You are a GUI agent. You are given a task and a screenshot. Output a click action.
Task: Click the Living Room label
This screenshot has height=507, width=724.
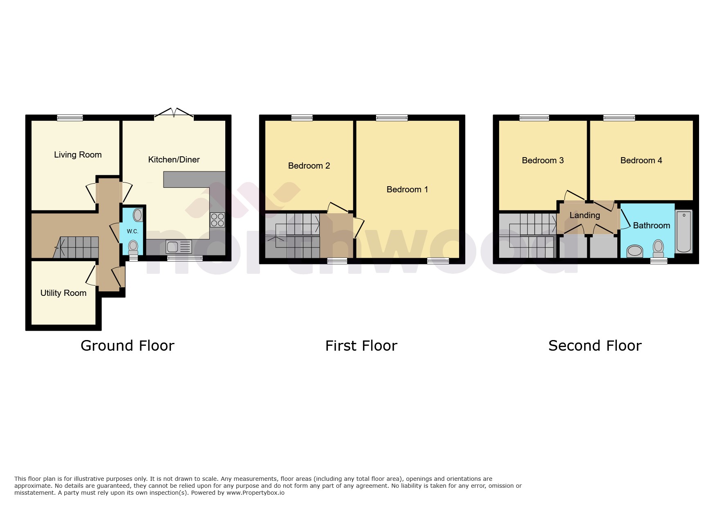[78, 155]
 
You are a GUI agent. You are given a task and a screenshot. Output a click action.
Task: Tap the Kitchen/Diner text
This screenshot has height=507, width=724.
[174, 160]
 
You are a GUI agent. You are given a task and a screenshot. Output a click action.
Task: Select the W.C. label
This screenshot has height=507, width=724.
[132, 232]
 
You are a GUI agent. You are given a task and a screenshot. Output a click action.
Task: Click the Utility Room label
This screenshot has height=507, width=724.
[63, 293]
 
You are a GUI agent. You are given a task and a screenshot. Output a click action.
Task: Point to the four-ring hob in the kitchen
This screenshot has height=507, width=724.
[217, 220]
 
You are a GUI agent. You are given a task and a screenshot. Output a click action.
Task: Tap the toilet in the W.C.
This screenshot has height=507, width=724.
[133, 247]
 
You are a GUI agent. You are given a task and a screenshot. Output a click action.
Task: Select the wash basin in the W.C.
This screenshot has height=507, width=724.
[138, 215]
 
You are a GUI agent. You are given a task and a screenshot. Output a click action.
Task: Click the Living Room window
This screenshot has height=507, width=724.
[70, 118]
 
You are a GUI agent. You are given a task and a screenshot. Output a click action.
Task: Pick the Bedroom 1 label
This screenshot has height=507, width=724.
[407, 189]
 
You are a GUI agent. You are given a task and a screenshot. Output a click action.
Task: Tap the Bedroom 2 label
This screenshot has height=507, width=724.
[309, 166]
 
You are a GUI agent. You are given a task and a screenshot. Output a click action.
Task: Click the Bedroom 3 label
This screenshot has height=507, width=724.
[542, 160]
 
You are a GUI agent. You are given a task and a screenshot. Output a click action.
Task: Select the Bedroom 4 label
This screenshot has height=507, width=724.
[641, 160]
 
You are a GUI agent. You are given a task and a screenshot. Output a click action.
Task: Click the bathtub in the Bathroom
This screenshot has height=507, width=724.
[684, 232]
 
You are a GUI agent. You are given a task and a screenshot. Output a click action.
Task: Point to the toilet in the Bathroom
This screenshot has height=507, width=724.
[658, 247]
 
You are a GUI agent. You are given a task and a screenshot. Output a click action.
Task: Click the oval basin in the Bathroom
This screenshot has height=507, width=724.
[635, 250]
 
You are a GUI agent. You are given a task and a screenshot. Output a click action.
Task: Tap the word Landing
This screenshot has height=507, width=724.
[585, 215]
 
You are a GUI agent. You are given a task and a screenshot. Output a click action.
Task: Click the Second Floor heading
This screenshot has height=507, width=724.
[595, 346]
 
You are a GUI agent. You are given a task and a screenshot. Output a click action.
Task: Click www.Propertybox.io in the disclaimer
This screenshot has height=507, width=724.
[256, 493]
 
